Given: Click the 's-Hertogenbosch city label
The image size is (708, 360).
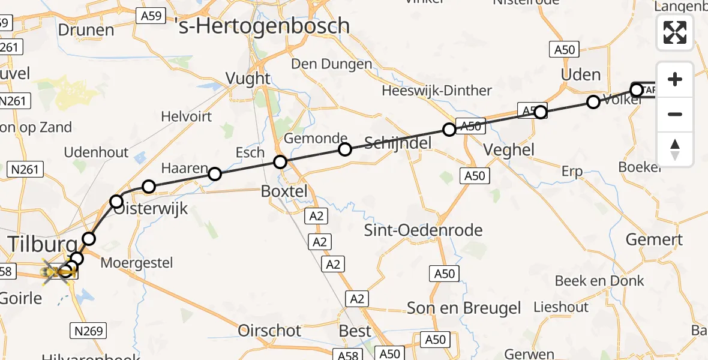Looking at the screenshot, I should pos(262,25).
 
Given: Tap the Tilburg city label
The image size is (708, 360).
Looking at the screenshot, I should pos(42,244).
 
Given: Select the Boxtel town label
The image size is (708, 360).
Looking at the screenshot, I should pos(284,191).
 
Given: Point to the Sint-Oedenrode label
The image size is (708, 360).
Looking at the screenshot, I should pos(424,230).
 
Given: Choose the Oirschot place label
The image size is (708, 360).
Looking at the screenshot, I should pos(269,330).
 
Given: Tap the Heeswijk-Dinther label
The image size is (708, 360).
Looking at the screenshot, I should pos(437,91).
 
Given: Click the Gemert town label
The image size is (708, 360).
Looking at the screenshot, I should pos(654,239).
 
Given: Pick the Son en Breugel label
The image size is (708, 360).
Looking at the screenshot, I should pos(464,308).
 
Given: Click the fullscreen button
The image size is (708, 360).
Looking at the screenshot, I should pos(675,32).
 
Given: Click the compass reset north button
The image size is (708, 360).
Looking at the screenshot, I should pos(675,149).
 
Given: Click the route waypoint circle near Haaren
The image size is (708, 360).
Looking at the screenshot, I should pos(215,174).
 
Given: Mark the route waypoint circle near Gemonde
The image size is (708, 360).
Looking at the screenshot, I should pos(344,149).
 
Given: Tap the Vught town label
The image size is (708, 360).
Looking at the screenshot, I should pos(248,78).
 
